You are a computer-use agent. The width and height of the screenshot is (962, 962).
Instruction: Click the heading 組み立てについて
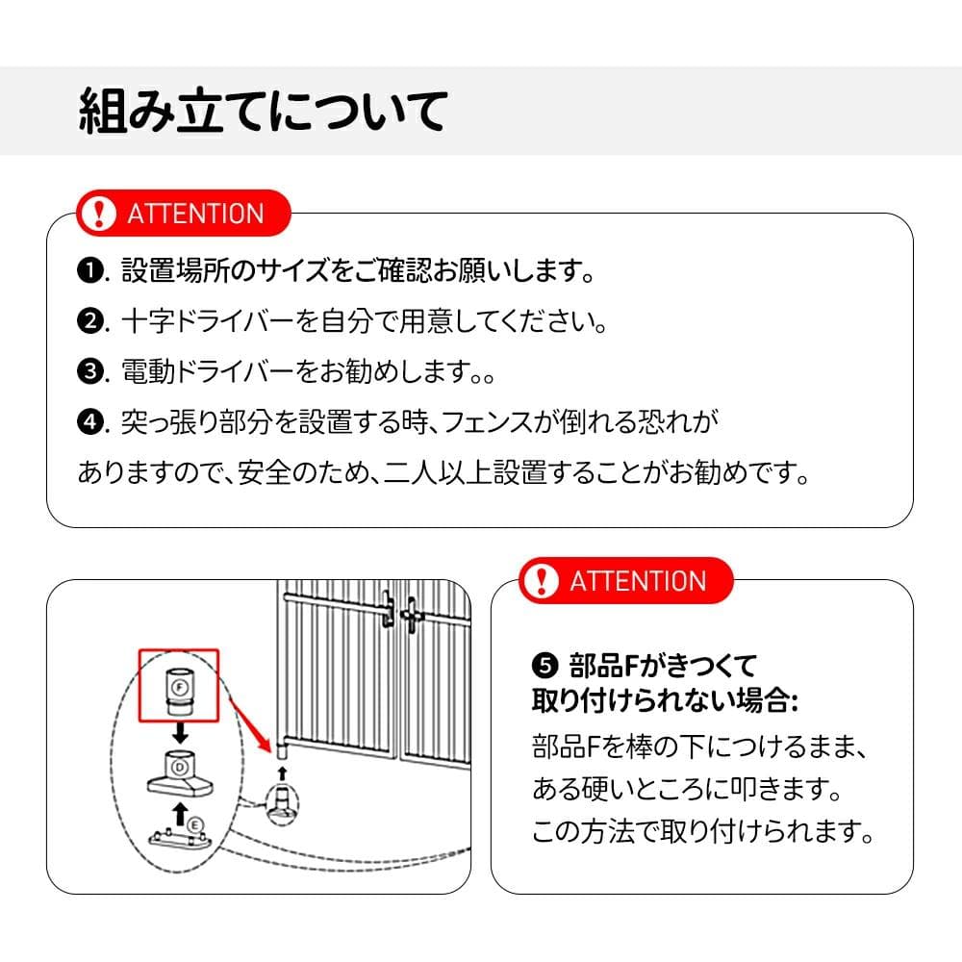262,112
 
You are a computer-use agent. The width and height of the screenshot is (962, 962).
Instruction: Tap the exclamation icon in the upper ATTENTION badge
97,213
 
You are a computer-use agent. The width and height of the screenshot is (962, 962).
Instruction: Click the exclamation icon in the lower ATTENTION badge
543,580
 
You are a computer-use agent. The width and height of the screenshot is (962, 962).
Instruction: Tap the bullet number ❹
89,422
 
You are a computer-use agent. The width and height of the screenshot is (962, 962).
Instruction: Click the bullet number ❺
544,666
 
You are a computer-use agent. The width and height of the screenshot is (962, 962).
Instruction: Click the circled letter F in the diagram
179,687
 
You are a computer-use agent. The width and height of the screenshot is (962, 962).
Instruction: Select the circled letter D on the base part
179,767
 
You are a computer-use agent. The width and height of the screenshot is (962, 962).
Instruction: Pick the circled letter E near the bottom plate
194,824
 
